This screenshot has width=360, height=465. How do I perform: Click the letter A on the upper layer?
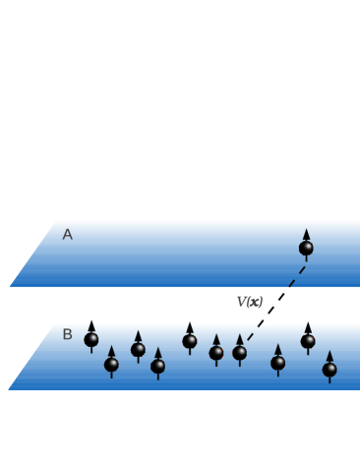67,235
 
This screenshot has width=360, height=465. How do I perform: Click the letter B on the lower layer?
67,334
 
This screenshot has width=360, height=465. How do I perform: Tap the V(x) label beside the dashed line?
250,301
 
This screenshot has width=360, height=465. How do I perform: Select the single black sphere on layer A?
306,249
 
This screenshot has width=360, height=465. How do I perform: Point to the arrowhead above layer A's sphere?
306,235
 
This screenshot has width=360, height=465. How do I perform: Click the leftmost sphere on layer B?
91,340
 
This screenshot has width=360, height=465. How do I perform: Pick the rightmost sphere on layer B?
330,370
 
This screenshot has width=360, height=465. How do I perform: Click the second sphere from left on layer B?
111,365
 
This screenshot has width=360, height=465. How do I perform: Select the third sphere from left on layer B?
138,350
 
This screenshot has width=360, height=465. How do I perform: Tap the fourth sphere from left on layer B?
157,366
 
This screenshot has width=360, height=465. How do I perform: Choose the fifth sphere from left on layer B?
190,341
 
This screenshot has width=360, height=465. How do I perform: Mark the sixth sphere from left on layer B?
216,353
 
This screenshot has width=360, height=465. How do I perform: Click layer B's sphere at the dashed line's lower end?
239,353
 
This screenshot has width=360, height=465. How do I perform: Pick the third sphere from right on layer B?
278,363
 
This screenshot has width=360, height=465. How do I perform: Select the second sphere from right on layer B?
308,341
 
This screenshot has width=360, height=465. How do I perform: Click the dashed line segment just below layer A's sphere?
299,272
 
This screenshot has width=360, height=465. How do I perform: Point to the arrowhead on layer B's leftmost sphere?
91,326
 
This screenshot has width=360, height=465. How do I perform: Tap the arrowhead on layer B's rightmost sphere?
330,356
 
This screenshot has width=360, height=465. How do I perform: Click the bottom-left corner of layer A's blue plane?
11,286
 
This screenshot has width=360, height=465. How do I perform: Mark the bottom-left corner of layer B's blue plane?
9,389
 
